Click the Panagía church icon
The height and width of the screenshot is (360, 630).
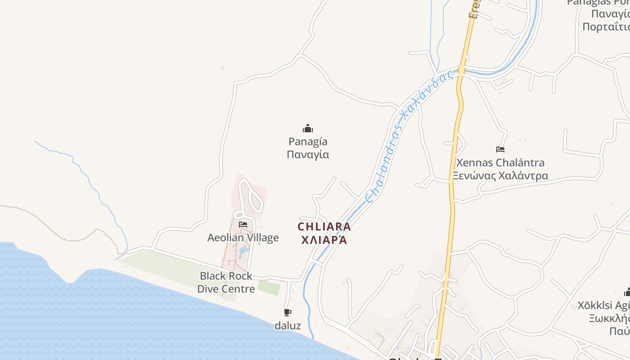click(308, 129)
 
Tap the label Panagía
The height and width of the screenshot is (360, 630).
click(308, 142)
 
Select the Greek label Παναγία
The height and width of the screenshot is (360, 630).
click(308, 155)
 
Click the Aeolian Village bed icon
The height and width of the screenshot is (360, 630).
click(243, 224)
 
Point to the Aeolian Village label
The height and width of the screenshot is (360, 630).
click(243, 238)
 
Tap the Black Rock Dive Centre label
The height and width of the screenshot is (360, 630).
click(226, 282)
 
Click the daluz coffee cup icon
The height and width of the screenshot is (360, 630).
click(288, 312)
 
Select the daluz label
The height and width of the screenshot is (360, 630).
click(288, 325)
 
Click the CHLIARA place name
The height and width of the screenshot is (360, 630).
click(324, 227)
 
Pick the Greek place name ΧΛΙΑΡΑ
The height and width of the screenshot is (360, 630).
click(324, 240)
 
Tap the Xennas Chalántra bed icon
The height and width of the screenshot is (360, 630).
click(500, 149)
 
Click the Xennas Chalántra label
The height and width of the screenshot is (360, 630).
click(500, 162)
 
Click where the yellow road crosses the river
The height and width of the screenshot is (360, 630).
click(462, 71)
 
